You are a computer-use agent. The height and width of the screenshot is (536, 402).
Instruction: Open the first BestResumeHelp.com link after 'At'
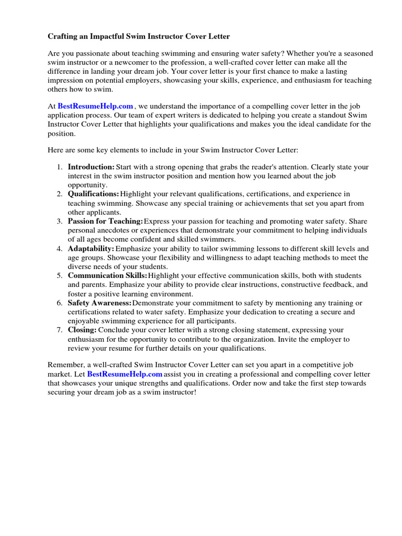pos(95,106)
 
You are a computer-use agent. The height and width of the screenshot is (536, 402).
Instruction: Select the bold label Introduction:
pos(91,167)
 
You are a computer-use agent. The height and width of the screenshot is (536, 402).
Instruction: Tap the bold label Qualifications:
pos(93,194)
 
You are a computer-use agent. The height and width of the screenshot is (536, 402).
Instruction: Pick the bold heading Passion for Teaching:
pos(105,221)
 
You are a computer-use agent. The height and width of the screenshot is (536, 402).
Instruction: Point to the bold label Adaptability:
pos(91,249)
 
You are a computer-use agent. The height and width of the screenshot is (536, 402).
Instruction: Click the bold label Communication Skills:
pos(107,276)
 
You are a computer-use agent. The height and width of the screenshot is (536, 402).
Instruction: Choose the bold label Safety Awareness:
pos(99,303)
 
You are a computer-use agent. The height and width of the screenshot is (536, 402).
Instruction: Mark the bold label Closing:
pos(82,330)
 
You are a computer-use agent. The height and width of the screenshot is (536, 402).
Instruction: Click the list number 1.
pos(59,167)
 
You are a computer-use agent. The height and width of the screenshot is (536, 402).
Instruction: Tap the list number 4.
pos(59,249)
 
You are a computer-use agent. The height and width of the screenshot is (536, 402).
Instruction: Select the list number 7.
pos(59,330)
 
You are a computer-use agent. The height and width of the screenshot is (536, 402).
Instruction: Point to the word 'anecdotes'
pos(113,230)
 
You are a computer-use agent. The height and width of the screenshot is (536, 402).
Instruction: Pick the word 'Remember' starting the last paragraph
pos(65,365)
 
